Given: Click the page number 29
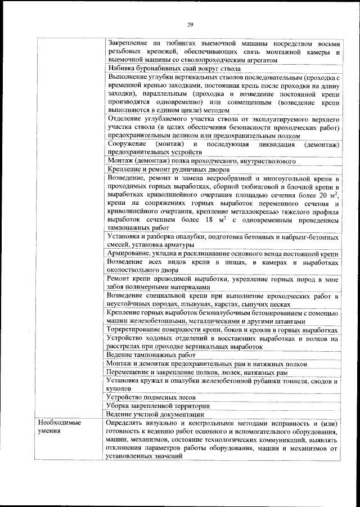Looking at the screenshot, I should (x=190, y=24).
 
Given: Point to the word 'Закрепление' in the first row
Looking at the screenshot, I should (x=129, y=43).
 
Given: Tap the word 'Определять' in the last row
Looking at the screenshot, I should (x=127, y=422).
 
